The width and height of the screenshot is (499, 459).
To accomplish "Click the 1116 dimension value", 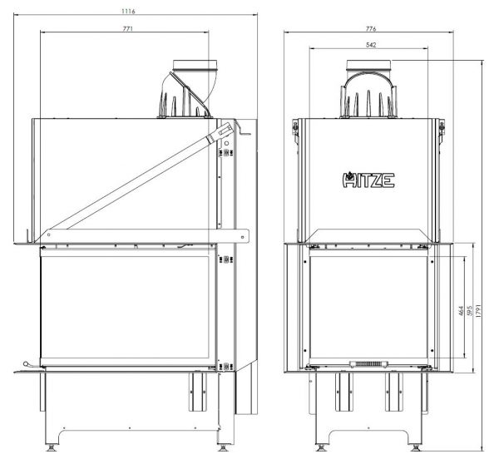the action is click(128, 11).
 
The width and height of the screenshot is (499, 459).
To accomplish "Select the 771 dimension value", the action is click(127, 28).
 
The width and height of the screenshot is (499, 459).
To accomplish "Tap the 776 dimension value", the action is click(371, 28).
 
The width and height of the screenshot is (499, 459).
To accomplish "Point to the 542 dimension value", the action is click(371, 45).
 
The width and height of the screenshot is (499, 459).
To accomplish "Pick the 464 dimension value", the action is click(461, 311).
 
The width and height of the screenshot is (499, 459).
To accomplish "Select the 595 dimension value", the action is click(469, 311).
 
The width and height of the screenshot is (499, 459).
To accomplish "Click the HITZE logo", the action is click(368, 180).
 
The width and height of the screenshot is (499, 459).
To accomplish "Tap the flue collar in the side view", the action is click(195, 65).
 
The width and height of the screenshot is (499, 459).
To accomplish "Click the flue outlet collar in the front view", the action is click(368, 65).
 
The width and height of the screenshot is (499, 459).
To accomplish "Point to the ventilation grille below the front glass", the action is click(368, 364).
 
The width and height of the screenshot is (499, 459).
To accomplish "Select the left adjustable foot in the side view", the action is click(51, 447).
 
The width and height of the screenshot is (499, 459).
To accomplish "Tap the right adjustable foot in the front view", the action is click(416, 447).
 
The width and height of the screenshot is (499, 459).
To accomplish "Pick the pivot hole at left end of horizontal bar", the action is click(49, 234).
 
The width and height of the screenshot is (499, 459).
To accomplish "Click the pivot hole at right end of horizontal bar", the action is click(243, 237).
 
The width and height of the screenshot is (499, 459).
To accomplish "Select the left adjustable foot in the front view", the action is click(321, 447).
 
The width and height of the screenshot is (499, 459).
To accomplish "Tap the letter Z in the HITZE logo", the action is click(379, 180).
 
